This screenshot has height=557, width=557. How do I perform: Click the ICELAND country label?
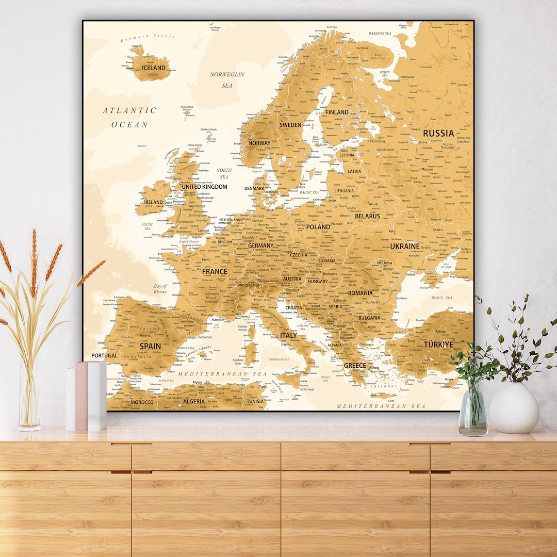pyautogui.click(x=154, y=68)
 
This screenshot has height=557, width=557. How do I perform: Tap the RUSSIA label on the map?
pyautogui.click(x=438, y=133)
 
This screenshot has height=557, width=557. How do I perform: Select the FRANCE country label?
pyautogui.click(x=215, y=271)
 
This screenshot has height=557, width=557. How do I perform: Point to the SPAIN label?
pyautogui.click(x=150, y=346)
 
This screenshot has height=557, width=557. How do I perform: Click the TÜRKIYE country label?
pyautogui.click(x=438, y=344)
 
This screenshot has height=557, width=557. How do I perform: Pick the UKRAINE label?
pyautogui.click(x=404, y=247)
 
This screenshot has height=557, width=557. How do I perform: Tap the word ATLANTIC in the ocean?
pyautogui.click(x=129, y=110)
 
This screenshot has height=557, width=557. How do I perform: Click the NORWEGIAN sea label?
pyautogui.click(x=227, y=74)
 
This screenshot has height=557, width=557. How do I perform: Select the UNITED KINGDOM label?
pyautogui.click(x=204, y=187)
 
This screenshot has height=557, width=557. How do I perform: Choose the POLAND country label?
pyautogui.click(x=318, y=226)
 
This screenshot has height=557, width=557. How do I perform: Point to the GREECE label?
pyautogui.click(x=355, y=365)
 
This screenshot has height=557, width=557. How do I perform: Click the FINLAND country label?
pyautogui.click(x=337, y=112)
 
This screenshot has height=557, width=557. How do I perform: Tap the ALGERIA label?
pyautogui.click(x=194, y=401)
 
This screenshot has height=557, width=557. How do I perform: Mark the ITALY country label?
pyautogui.click(x=288, y=335)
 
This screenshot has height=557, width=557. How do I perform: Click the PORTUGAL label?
pyautogui.click(x=105, y=355)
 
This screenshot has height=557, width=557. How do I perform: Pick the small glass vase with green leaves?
pyautogui.click(x=473, y=413)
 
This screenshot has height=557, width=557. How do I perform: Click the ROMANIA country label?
pyautogui.click(x=360, y=293)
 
